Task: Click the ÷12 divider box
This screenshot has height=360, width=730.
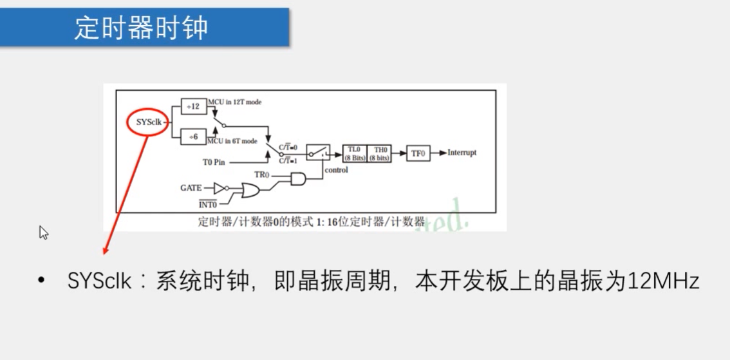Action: coord(194,106)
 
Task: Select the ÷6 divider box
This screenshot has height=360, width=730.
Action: coord(194,137)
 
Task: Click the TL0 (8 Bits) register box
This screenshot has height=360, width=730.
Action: coord(354,153)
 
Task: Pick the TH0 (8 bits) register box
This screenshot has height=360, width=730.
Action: coord(379,153)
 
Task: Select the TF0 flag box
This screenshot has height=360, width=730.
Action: coord(418,153)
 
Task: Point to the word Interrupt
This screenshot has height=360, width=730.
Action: coord(462,153)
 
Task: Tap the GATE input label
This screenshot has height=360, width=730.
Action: coord(191,188)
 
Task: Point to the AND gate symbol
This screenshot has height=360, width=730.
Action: coord(299,179)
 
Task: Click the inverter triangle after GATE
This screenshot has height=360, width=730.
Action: coord(220,188)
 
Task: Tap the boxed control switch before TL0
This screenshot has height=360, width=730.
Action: coord(318,153)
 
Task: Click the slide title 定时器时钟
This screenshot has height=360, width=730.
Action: coord(142,28)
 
